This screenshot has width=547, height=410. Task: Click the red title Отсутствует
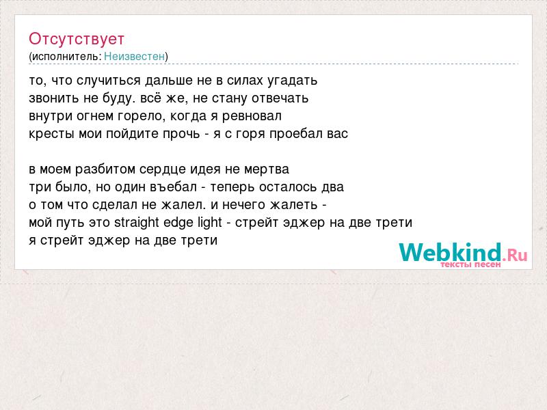point(77,39)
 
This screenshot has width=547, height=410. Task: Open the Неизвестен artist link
point(134,56)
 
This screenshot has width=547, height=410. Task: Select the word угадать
point(293,81)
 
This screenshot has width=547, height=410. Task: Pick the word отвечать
point(280,98)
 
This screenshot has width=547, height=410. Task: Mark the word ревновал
point(252,116)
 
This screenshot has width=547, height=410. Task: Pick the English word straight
point(136,223)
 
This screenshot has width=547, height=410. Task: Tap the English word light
point(210,223)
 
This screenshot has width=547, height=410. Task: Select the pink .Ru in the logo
point(515,255)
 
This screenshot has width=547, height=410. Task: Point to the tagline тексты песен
point(470,264)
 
